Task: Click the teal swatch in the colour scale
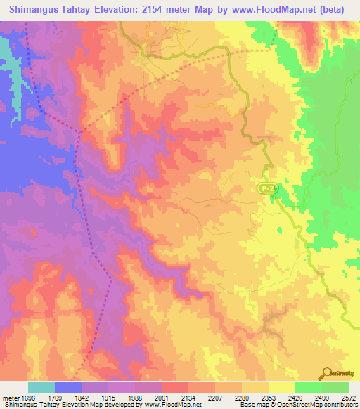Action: pos(41,387)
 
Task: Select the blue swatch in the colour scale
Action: pos(68,387)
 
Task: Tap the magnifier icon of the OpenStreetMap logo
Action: pos(328,373)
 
